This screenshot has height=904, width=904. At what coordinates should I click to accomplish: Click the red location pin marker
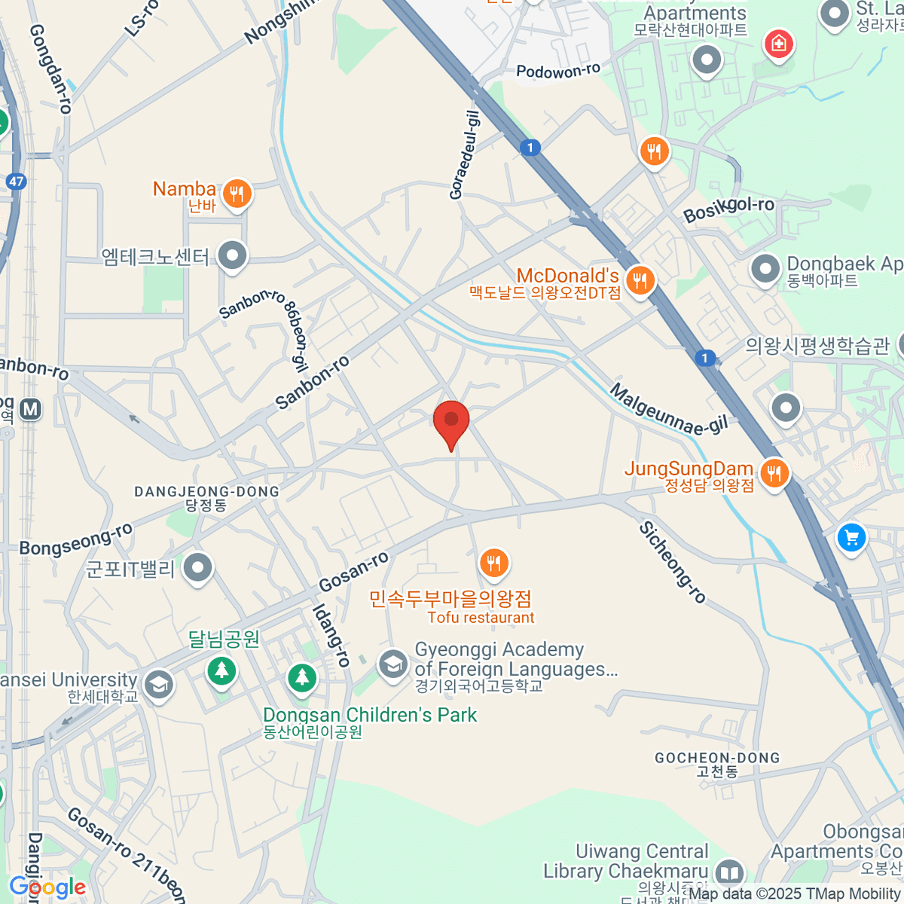click(x=451, y=422)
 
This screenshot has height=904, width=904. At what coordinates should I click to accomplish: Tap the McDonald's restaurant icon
click(x=640, y=282)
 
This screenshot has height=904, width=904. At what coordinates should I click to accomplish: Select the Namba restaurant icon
click(x=237, y=194)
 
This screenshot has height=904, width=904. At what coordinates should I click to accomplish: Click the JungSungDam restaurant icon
click(x=774, y=474)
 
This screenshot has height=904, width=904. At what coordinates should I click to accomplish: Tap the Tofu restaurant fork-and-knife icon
click(x=493, y=563)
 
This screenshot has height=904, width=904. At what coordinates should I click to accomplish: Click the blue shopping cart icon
click(x=852, y=538)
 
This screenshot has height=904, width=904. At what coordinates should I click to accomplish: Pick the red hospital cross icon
click(x=779, y=44)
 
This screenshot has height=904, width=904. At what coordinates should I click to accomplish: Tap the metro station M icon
click(x=30, y=409)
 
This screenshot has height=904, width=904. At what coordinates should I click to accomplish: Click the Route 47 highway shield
click(x=16, y=182)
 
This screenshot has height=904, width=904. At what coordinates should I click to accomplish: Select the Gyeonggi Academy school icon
click(x=392, y=665)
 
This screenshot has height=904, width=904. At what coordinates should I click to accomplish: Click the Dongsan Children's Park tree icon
click(x=302, y=676)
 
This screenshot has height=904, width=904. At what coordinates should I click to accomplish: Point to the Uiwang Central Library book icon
click(x=728, y=872)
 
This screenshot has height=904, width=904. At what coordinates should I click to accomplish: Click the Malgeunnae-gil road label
click(x=669, y=410)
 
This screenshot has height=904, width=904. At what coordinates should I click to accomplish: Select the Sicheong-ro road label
click(x=673, y=562)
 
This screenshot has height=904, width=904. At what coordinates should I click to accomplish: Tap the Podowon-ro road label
click(x=558, y=72)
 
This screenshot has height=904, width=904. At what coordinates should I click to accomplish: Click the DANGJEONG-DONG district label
click(x=206, y=491)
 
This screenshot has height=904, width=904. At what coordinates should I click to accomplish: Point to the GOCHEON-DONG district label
click(x=717, y=758)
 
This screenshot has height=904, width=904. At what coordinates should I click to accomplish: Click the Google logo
click(x=47, y=887)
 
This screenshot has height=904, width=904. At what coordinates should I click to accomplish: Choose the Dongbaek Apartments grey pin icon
click(x=765, y=269)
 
